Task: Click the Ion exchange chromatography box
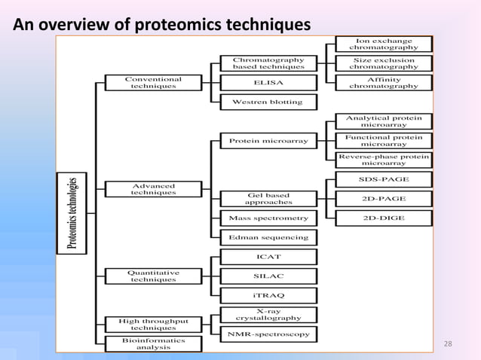tap(384, 44)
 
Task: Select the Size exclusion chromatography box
tap(384, 63)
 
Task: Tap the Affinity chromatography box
tap(384, 82)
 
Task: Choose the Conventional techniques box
tap(153, 82)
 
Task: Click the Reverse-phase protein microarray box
tap(384, 160)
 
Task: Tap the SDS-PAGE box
tap(384, 180)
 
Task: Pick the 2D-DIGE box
tap(384, 218)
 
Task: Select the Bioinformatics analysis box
tap(153, 344)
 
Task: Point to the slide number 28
tap(449, 344)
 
